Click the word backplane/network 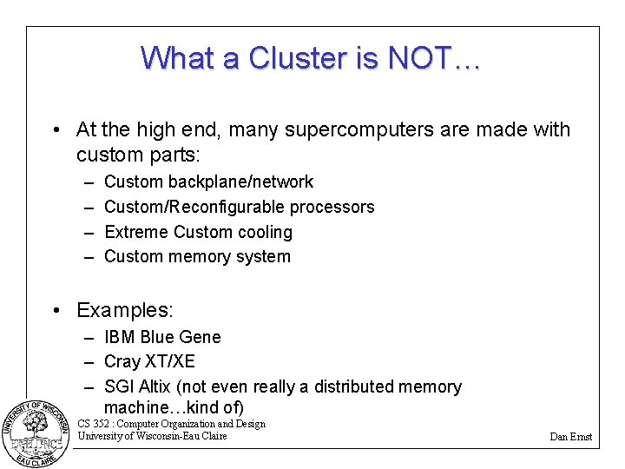(240, 182)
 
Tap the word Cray (122, 361)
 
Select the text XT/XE (171, 361)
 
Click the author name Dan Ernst (570, 437)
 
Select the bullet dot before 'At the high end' (55, 130)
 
